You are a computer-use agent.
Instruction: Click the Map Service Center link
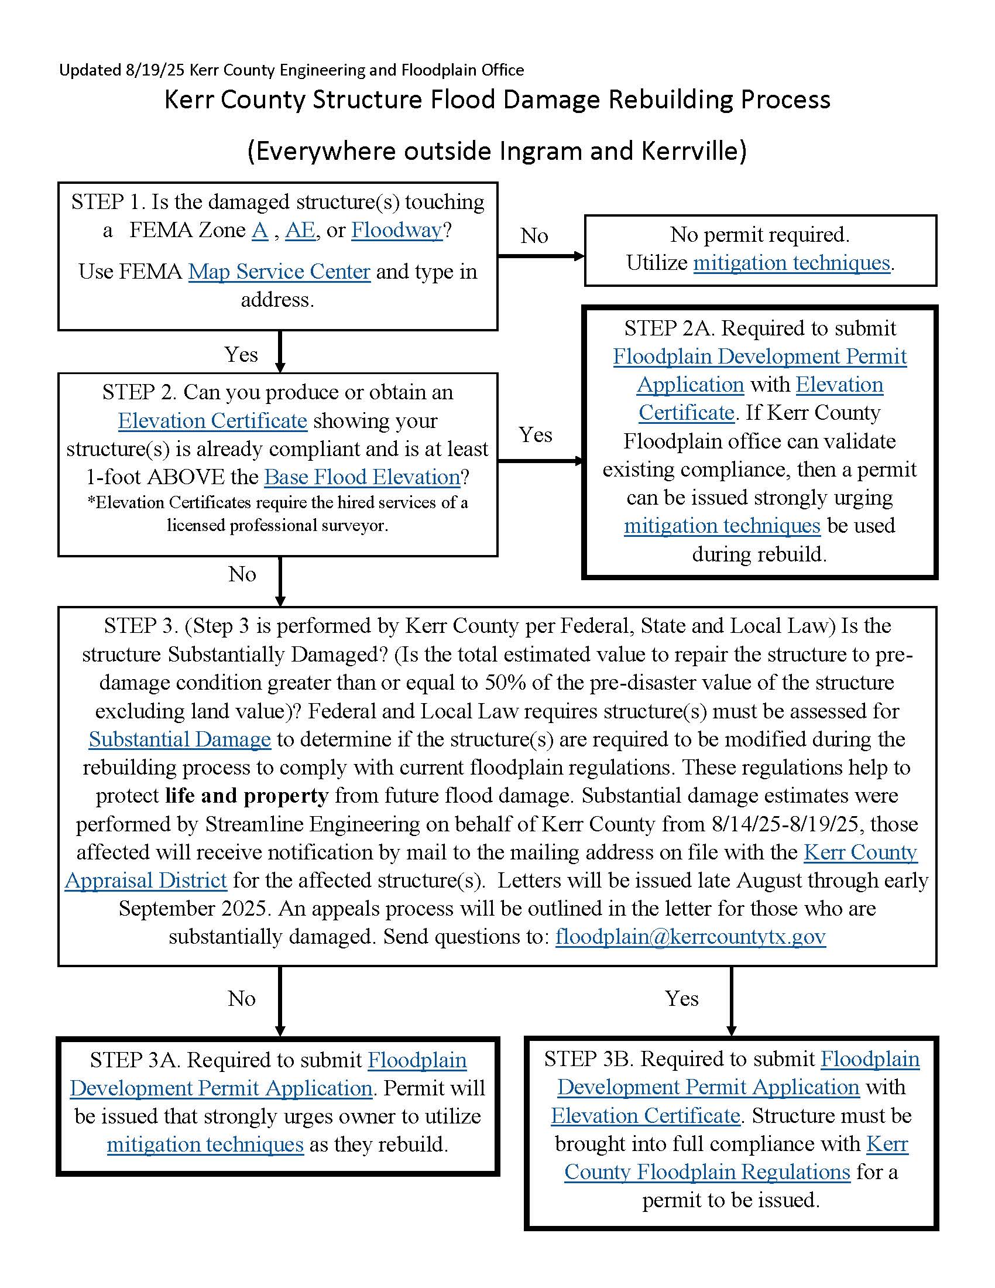pyautogui.click(x=279, y=271)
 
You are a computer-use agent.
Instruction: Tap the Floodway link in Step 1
pyautogui.click(x=397, y=230)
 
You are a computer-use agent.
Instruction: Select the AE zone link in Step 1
pyautogui.click(x=300, y=230)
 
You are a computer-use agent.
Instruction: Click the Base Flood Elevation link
pyautogui.click(x=362, y=477)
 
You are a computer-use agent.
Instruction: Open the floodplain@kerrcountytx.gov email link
pyautogui.click(x=690, y=937)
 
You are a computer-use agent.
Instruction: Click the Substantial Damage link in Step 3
pyautogui.click(x=180, y=739)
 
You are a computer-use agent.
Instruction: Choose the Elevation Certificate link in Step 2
pyautogui.click(x=212, y=420)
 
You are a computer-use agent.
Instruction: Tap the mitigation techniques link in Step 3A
pyautogui.click(x=205, y=1144)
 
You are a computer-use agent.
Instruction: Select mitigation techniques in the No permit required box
pyautogui.click(x=791, y=262)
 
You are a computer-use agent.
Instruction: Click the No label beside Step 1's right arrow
pyautogui.click(x=534, y=236)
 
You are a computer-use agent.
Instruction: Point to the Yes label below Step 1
pyautogui.click(x=241, y=354)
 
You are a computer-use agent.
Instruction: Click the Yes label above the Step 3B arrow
pyautogui.click(x=681, y=998)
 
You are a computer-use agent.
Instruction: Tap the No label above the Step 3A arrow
pyautogui.click(x=242, y=998)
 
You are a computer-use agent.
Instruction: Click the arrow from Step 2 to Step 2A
pyautogui.click(x=540, y=461)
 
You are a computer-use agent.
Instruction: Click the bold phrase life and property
pyautogui.click(x=247, y=796)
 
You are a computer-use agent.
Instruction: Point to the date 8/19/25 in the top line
pyautogui.click(x=155, y=70)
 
